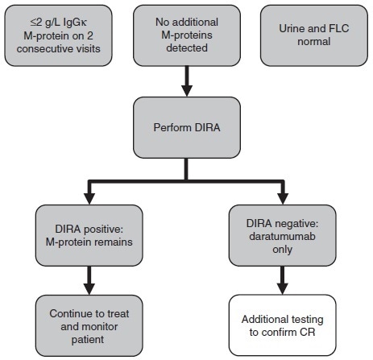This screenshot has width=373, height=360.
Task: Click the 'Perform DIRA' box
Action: coord(187,126)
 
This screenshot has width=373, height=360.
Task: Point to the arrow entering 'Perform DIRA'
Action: coord(187,81)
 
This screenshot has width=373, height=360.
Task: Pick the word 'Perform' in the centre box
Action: coord(172,126)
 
